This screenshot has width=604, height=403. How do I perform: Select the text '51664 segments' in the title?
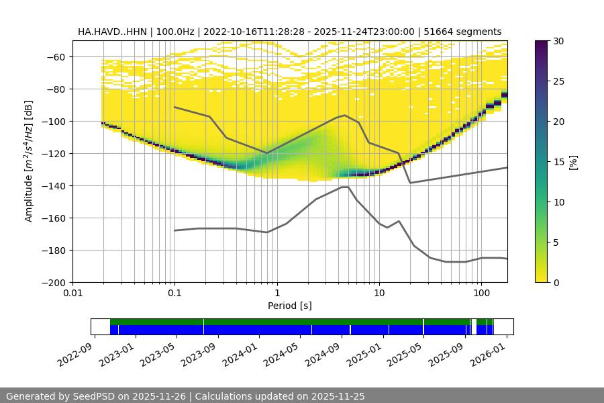[x=469, y=32]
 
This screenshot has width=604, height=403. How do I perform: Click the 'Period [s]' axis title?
[x=290, y=306]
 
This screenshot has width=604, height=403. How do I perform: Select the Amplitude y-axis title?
[x=29, y=161]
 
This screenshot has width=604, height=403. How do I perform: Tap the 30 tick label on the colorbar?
[x=559, y=41]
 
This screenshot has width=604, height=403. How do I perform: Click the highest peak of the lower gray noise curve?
[x=344, y=187]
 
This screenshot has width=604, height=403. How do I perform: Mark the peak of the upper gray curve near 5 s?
[x=345, y=116]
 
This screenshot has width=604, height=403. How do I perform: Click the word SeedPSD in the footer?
[x=94, y=396]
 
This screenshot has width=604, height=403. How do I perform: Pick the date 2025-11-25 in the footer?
[x=338, y=396]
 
